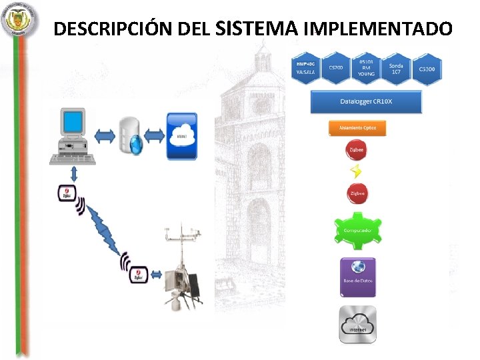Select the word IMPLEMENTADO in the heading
point(377,29)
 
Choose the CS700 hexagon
point(335,69)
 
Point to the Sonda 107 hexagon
point(397,69)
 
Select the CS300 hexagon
point(427,69)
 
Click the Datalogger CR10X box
point(366,102)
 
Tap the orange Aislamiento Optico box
point(357,128)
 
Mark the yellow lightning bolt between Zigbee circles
point(357,171)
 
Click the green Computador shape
point(357,230)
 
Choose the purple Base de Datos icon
point(357,277)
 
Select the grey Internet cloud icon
point(357,324)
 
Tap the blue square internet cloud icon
point(181,136)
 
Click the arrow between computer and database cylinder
point(105,137)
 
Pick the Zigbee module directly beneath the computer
point(66,194)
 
